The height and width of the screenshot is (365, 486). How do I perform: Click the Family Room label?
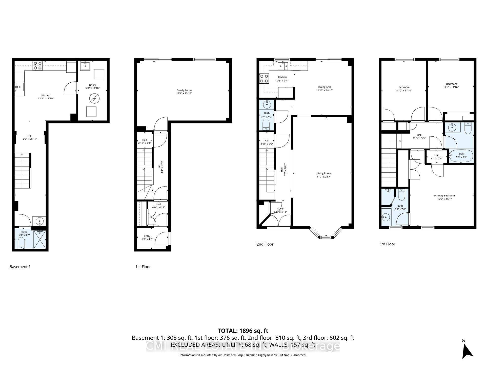click(184, 90)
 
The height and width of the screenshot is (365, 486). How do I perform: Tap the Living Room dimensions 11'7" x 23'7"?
click(324, 177)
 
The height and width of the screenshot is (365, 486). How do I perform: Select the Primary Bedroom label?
click(444, 195)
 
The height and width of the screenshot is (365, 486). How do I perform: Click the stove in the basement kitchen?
click(38, 66)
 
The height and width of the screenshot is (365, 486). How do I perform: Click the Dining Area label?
click(325, 87)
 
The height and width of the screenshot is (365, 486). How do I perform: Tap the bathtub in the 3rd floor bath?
click(461, 155)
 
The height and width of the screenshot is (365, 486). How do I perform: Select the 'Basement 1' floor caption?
click(20, 267)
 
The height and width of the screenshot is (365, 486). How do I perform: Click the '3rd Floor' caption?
click(387, 244)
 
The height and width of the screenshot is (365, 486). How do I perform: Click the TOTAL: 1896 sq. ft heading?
click(243, 331)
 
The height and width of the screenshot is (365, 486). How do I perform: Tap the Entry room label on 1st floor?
click(147, 236)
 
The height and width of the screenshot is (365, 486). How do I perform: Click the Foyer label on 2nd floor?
click(280, 209)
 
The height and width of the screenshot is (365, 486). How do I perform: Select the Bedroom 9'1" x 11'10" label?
click(451, 84)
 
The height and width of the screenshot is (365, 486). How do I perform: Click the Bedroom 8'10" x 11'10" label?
click(404, 87)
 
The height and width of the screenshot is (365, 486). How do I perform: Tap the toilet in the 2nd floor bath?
click(266, 124)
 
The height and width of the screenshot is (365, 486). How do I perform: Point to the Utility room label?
click(92, 85)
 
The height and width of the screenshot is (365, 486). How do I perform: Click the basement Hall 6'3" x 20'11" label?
click(30, 136)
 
